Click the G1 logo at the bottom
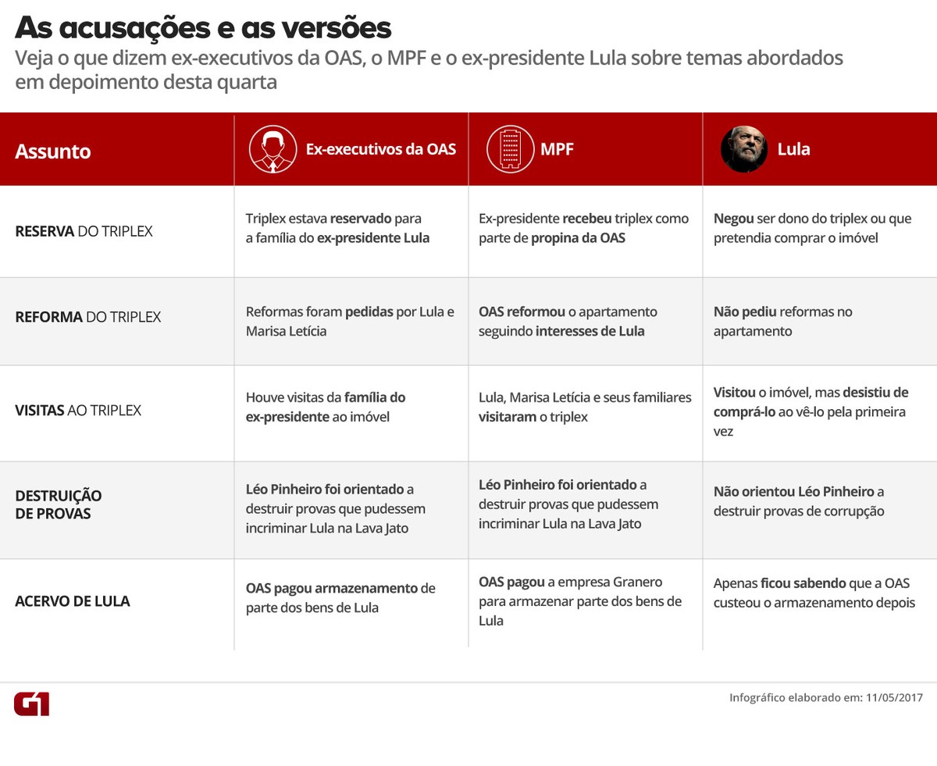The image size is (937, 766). pyautogui.click(x=31, y=703)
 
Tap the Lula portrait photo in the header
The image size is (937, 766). pyautogui.click(x=744, y=149)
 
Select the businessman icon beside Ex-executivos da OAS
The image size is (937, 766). pyautogui.click(x=273, y=149)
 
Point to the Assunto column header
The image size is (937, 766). pyautogui.click(x=53, y=151)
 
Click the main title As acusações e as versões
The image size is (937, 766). pyautogui.click(x=203, y=28)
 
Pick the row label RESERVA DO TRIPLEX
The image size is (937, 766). pyautogui.click(x=84, y=231)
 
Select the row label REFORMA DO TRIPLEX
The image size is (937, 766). pyautogui.click(x=87, y=317)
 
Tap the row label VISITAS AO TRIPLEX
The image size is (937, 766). pyautogui.click(x=78, y=410)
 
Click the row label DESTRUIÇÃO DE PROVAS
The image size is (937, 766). pyautogui.click(x=59, y=504)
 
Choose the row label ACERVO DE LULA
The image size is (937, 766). pyautogui.click(x=73, y=601)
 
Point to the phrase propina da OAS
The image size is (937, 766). pyautogui.click(x=578, y=238)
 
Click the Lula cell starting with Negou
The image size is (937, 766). pyautogui.click(x=801, y=228)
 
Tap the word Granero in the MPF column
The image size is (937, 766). pyautogui.click(x=637, y=582)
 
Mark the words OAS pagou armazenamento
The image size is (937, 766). pyautogui.click(x=332, y=588)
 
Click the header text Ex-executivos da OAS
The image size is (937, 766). pyautogui.click(x=381, y=149)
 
